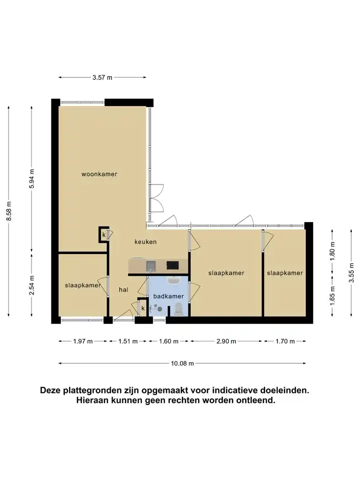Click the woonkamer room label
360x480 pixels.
99,174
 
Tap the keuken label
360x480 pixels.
145,242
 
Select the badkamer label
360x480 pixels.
168,296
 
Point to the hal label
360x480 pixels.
123,289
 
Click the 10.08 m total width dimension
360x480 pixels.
182,363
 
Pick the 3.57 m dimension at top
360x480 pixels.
102,77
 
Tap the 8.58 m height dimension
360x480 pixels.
9,211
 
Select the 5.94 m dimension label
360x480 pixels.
32,179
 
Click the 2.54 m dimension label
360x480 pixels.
32,285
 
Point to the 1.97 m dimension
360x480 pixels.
82,341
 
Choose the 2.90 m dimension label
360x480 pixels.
226,341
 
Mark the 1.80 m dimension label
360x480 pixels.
333,251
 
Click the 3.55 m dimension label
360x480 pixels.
351,272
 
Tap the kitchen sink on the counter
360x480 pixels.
151,265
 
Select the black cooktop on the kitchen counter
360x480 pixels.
172,265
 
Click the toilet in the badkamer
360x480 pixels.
178,309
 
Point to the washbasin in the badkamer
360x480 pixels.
173,280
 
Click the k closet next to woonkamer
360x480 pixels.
104,235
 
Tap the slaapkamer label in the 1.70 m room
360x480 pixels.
284,273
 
